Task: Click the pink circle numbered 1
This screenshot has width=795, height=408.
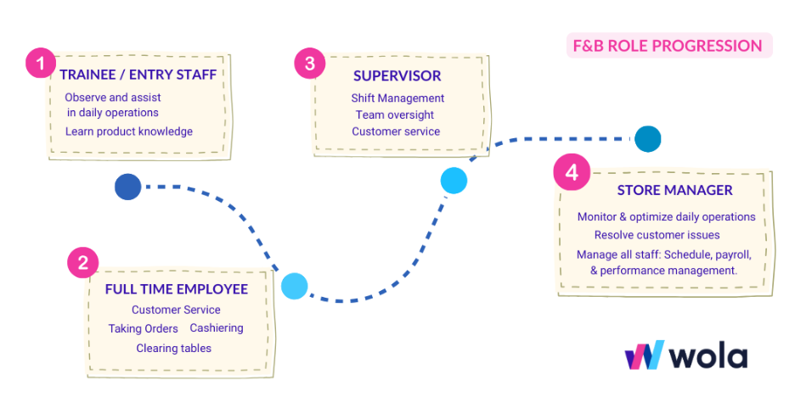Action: (40, 63)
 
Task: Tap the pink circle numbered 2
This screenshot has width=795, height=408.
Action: (82, 263)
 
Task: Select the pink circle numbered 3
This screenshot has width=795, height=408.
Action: (310, 63)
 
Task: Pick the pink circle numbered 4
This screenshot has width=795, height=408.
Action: (571, 173)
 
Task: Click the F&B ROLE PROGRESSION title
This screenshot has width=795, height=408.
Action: (668, 46)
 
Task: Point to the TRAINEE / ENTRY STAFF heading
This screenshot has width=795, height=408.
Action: (138, 75)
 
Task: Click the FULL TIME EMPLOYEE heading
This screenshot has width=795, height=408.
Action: (177, 289)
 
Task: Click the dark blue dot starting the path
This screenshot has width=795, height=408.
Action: (127, 187)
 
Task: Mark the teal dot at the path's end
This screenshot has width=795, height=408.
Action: (647, 138)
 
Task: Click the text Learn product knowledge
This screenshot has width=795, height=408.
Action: (129, 131)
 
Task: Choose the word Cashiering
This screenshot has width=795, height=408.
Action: (217, 328)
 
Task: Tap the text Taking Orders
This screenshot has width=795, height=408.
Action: (144, 328)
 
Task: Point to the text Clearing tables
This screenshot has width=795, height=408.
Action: (174, 348)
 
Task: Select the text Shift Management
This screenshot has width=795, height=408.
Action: (397, 98)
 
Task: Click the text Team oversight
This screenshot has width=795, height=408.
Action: (395, 115)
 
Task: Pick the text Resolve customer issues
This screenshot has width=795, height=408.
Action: (657, 235)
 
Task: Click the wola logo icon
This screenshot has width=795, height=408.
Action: (643, 355)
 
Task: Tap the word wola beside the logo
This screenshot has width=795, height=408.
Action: (708, 356)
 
